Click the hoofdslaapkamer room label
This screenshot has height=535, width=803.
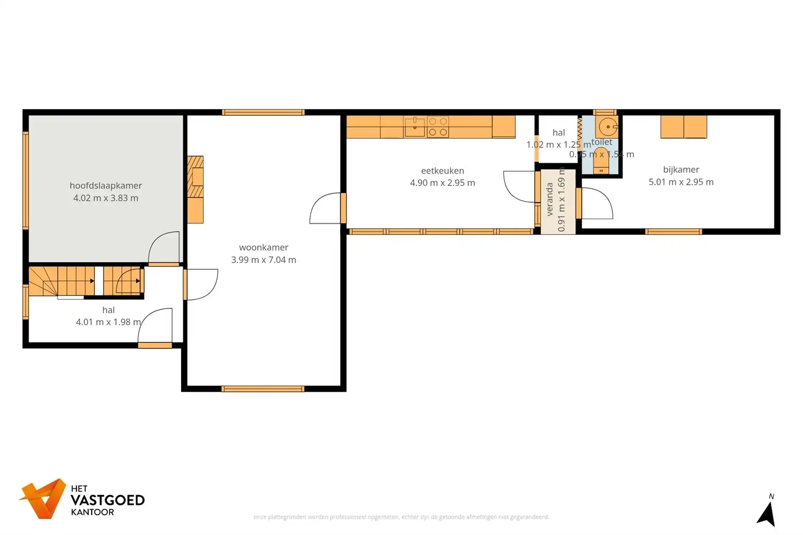[x=106, y=185]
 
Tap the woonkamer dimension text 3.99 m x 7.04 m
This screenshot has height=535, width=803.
[x=263, y=260]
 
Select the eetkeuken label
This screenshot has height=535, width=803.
[x=442, y=171]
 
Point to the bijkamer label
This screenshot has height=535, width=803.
[x=681, y=169]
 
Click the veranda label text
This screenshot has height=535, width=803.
[x=550, y=199]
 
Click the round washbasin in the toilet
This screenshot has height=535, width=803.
[x=607, y=127]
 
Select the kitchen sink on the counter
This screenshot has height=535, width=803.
[x=415, y=127]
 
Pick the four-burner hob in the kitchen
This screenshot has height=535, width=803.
[x=438, y=127]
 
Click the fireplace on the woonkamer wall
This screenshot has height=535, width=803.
[x=196, y=177]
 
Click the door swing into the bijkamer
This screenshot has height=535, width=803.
[x=597, y=203]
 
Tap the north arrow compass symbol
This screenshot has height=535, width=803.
[x=767, y=514]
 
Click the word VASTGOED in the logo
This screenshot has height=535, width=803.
[x=108, y=500]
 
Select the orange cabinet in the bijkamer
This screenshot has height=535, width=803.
[x=683, y=127]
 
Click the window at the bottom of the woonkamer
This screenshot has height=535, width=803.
[x=263, y=389]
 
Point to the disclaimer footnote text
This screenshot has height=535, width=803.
[x=401, y=517]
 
